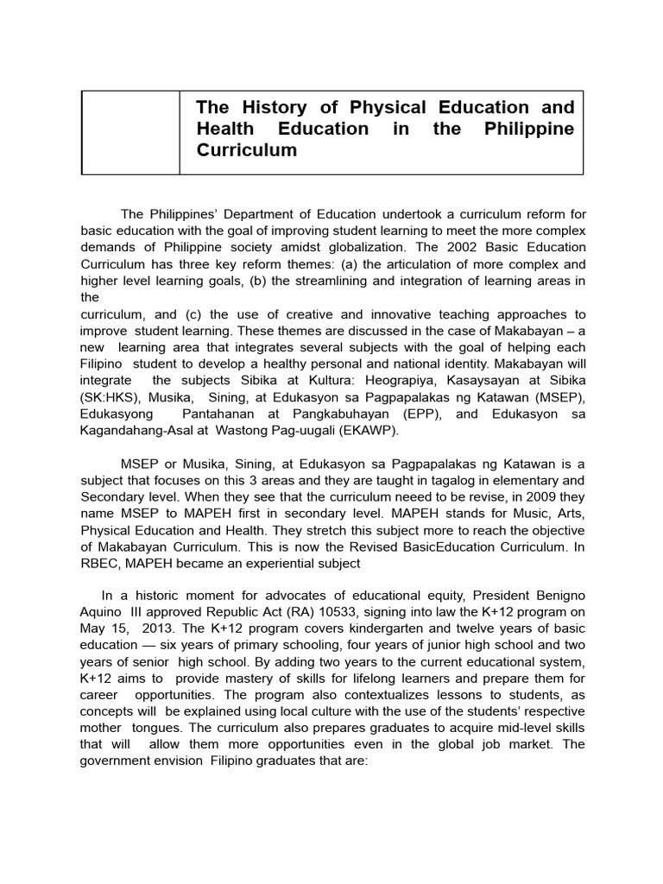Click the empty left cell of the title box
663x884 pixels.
point(130,131)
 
